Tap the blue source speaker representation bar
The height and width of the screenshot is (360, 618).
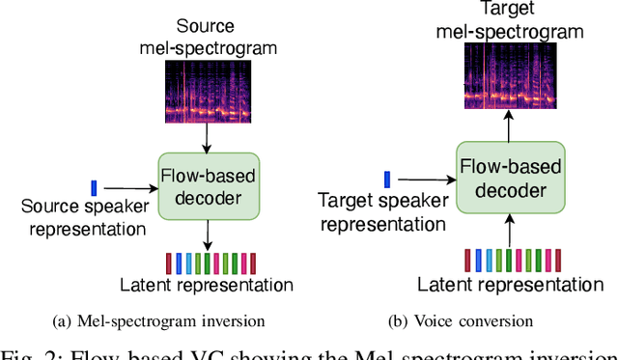[94, 187]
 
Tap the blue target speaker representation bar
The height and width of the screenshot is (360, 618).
[387, 178]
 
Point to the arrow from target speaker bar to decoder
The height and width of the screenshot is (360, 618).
[426, 179]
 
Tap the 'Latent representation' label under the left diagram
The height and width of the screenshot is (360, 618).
[207, 285]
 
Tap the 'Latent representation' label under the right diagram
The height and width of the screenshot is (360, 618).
[503, 285]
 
